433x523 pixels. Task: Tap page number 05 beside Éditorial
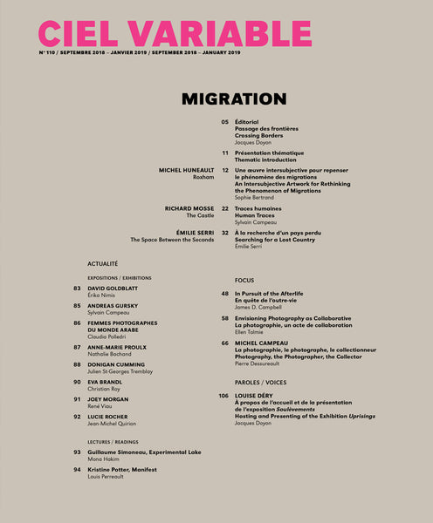click(224, 122)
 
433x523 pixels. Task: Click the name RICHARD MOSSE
click(189, 208)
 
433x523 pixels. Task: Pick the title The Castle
click(200, 216)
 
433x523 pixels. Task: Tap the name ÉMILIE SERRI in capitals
click(195, 233)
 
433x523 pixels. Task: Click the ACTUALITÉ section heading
click(103, 262)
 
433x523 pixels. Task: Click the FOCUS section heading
click(244, 281)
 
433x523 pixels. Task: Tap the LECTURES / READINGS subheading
click(110, 442)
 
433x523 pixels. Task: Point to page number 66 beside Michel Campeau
click(224, 344)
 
